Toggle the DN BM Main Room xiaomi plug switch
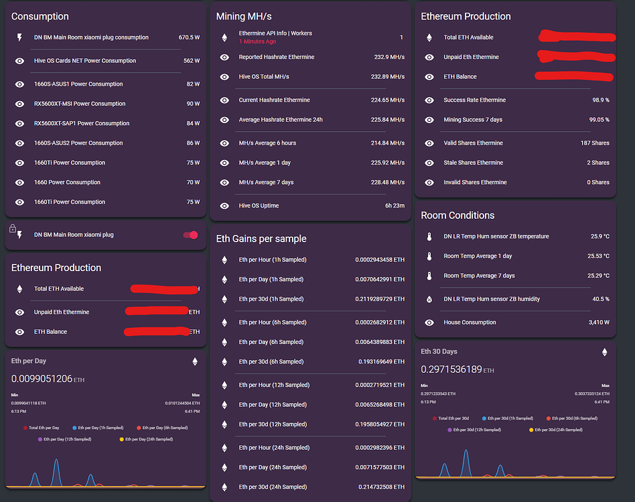(x=191, y=235)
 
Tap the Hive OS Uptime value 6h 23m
(x=395, y=205)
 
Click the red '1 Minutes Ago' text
(x=257, y=41)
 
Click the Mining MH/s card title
(x=244, y=16)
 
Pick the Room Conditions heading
(x=457, y=216)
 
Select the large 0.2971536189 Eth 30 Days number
(x=451, y=369)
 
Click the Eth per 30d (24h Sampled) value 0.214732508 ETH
(x=381, y=487)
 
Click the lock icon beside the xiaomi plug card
(x=13, y=229)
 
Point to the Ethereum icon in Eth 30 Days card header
(x=604, y=352)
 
